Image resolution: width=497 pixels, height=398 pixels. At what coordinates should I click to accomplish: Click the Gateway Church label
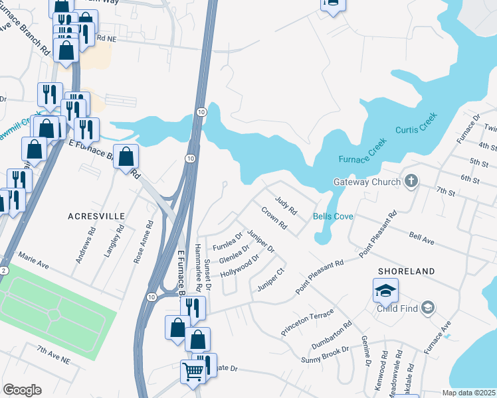[367, 182]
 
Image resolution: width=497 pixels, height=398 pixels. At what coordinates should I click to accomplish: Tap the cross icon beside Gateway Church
[412, 181]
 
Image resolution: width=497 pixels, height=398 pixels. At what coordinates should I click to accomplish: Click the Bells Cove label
[333, 217]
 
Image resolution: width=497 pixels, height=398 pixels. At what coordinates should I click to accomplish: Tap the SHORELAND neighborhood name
[406, 271]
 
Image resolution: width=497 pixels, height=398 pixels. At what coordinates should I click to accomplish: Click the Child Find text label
[397, 308]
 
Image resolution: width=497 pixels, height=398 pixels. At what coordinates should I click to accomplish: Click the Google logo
[22, 390]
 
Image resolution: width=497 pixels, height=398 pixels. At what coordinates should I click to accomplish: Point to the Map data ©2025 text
[468, 393]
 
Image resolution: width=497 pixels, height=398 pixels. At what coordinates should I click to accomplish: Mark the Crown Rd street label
[274, 219]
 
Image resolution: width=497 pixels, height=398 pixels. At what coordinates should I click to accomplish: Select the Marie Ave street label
[35, 264]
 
